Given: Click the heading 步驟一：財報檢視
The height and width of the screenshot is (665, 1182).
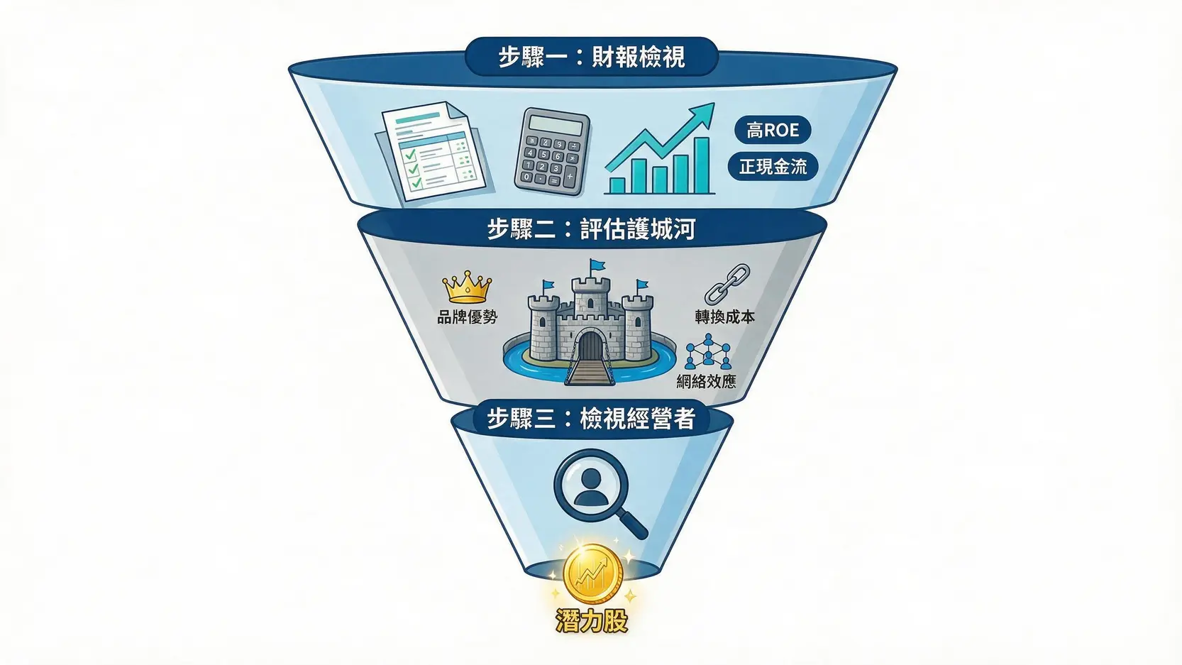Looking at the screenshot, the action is [x=592, y=57].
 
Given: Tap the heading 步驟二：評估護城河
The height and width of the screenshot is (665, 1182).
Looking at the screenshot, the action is [x=592, y=229].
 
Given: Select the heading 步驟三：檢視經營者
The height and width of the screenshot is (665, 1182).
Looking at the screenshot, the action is [x=592, y=419].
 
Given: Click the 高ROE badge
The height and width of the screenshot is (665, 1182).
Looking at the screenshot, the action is [x=773, y=130].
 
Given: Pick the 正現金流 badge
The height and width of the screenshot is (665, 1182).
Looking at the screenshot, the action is [x=773, y=167].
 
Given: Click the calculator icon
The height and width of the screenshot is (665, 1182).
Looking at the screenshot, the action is [x=552, y=151].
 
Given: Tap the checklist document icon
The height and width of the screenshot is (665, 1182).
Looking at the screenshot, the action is [x=434, y=151].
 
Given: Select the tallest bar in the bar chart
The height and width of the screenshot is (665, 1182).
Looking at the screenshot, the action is [x=701, y=165].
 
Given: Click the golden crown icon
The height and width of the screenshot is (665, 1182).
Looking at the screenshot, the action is [x=467, y=287].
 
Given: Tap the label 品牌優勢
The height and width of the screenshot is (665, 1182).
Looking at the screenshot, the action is [x=467, y=317].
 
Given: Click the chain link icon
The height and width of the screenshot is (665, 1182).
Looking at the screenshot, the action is [x=727, y=285].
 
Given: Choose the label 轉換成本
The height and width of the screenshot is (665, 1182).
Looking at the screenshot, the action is [x=724, y=317].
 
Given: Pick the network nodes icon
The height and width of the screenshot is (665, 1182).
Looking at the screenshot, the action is [x=707, y=351].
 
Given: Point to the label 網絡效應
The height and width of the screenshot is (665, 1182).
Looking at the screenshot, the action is [x=706, y=382].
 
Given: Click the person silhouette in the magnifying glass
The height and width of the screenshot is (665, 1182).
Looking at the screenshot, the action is [x=590, y=487].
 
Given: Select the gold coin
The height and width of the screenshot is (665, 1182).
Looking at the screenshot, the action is [x=592, y=574].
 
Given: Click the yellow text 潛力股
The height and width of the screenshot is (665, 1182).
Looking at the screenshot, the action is [x=592, y=621].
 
